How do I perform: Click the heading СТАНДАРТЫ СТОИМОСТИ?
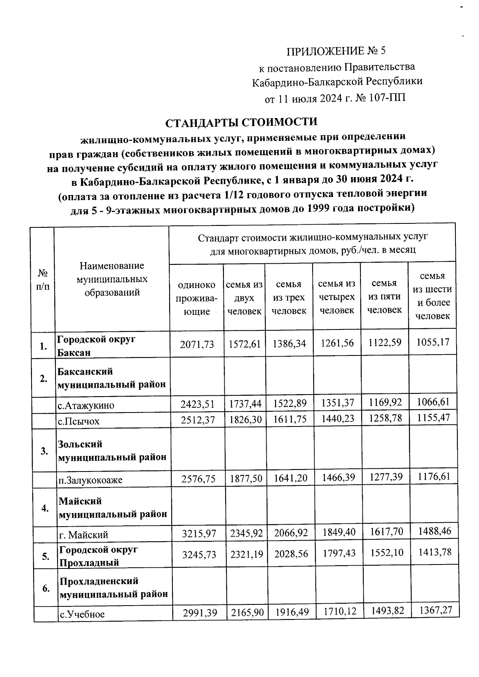click(241, 122)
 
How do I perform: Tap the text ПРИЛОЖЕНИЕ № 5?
click(336, 51)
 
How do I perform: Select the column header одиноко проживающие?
click(196, 298)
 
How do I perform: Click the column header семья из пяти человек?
click(384, 296)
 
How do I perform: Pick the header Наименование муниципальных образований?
click(111, 279)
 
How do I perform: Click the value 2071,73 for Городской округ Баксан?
click(197, 344)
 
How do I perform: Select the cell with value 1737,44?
click(245, 405)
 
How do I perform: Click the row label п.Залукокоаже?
click(90, 480)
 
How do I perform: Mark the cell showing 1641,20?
click(290, 478)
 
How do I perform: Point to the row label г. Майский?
click(83, 535)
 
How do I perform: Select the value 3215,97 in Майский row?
click(198, 533)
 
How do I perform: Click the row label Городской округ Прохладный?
click(98, 556)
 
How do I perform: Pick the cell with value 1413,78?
click(434, 553)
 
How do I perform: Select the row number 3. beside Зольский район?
click(44, 451)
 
